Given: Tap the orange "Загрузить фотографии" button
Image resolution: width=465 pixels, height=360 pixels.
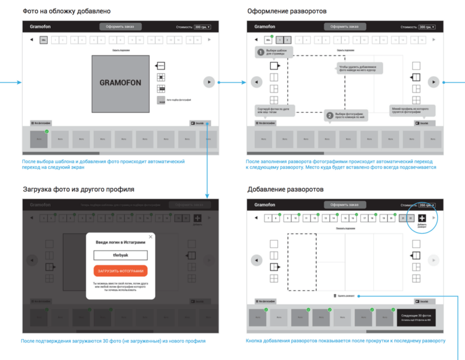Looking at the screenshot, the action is [120, 270].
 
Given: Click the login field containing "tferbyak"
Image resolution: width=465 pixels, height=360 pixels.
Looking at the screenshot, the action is [120, 255].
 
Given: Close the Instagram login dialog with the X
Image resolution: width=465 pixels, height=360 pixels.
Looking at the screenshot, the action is [151, 237].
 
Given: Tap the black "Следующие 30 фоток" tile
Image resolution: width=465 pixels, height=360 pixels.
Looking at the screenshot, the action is [416, 316].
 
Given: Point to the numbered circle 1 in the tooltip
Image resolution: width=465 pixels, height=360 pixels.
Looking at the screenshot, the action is [261, 52].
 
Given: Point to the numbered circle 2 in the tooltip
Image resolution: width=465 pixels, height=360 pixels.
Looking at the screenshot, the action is [330, 116].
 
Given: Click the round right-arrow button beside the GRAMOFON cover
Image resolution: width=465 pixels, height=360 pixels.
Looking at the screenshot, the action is [209, 82].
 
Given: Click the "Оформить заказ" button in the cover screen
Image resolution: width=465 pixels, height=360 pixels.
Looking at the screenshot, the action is [120, 27].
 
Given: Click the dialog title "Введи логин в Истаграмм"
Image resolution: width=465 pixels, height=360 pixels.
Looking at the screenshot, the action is [120, 242].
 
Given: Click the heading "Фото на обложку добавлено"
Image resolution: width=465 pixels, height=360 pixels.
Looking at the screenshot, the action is [66, 11].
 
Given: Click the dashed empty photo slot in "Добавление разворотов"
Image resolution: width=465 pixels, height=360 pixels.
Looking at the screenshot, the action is [302, 262].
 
